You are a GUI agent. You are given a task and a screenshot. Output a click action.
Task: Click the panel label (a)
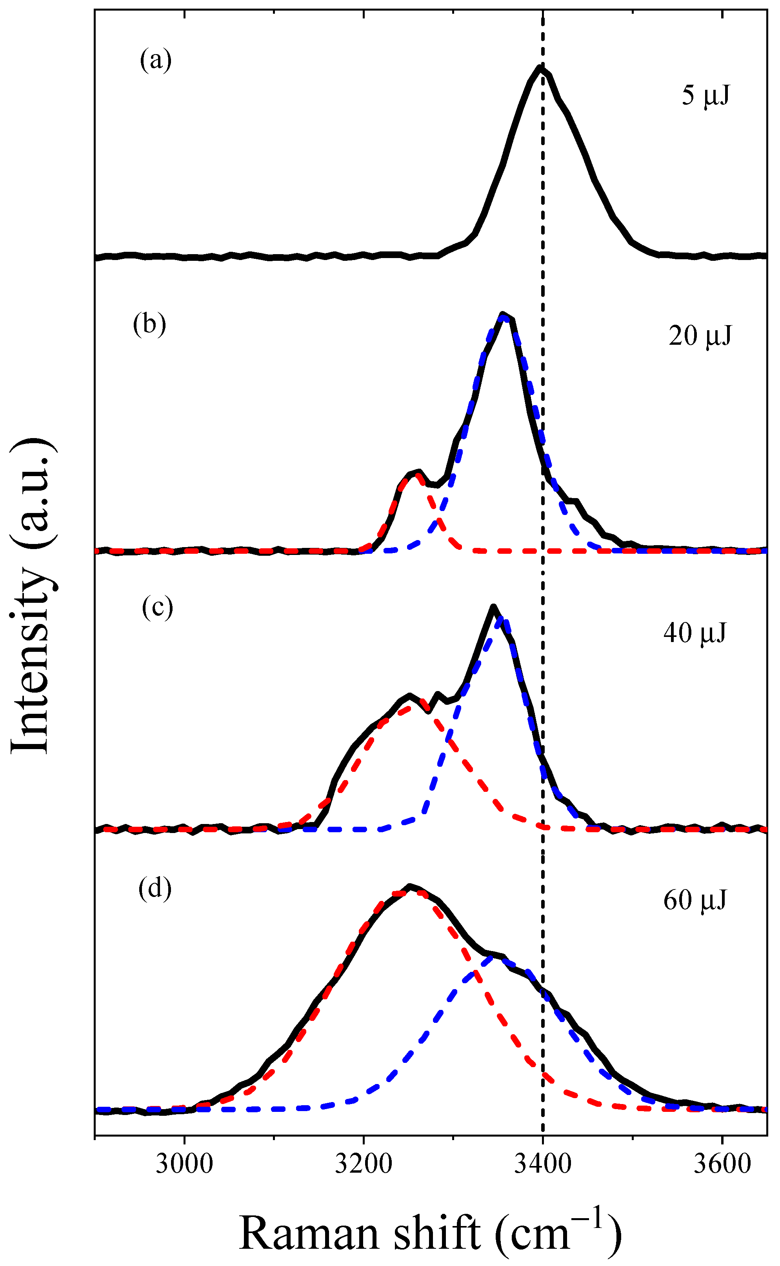156,60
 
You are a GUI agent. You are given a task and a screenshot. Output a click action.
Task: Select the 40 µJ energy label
695,633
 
